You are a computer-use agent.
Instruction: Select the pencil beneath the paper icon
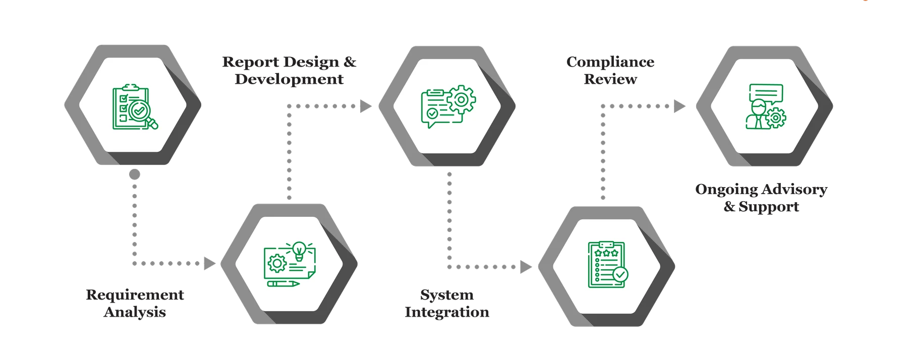pyautogui.click(x=283, y=283)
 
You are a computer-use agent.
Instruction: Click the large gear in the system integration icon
pyautogui.click(x=461, y=99)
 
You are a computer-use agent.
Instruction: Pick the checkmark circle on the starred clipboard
pyautogui.click(x=620, y=274)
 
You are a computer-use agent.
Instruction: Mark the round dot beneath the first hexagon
pyautogui.click(x=134, y=175)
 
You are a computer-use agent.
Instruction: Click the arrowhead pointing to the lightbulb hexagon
pyautogui.click(x=209, y=263)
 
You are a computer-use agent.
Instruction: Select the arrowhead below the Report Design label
pyautogui.click(x=365, y=106)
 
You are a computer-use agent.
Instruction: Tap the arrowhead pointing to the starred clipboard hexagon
pyautogui.click(x=526, y=266)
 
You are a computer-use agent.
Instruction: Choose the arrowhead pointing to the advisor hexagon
pyautogui.click(x=679, y=106)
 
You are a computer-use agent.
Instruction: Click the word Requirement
pyautogui.click(x=135, y=295)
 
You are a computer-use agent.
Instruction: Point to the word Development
pyautogui.click(x=289, y=79)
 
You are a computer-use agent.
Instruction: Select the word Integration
pyautogui.click(x=446, y=312)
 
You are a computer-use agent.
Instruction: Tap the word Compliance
pyautogui.click(x=610, y=62)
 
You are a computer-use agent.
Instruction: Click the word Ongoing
pyautogui.click(x=726, y=190)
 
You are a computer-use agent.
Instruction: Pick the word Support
pyautogui.click(x=769, y=207)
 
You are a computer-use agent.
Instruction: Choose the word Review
pyautogui.click(x=610, y=79)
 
